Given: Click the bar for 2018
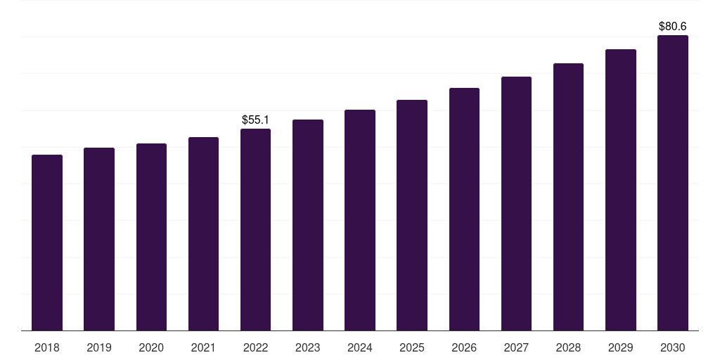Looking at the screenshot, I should click(x=47, y=243).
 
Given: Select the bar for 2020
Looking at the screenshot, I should click(x=151, y=237).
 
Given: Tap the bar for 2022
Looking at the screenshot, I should click(x=255, y=229).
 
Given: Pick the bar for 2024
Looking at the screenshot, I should click(x=360, y=220).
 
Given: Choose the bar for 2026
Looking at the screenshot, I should click(x=464, y=209).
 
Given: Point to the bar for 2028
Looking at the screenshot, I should click(x=568, y=197).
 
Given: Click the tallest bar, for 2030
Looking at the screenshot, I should click(x=673, y=183).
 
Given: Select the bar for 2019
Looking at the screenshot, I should click(x=99, y=239).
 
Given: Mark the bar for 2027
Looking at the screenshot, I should click(x=516, y=203).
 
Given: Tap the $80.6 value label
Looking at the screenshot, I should click(x=673, y=27).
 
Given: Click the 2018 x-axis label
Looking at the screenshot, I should click(x=47, y=347).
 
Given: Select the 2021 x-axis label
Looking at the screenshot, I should click(x=203, y=347).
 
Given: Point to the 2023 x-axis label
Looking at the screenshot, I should click(x=308, y=347).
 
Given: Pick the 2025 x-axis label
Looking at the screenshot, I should click(x=412, y=347).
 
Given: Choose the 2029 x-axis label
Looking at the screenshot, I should click(x=621, y=347).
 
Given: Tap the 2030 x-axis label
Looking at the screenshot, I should click(x=673, y=347).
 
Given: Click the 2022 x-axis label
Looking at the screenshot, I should click(x=255, y=347).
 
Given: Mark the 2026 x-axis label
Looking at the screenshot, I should click(x=464, y=347).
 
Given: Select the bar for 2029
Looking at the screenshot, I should click(x=621, y=190).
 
